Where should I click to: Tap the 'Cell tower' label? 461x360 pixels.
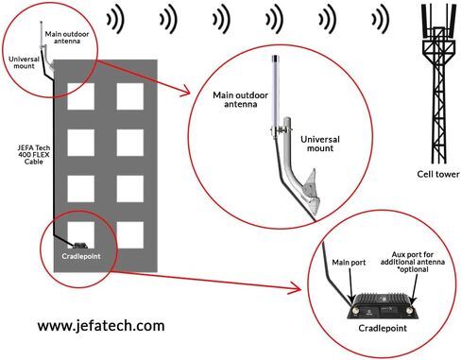click(x=438, y=174)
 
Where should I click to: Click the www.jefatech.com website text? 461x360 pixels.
click(x=101, y=326)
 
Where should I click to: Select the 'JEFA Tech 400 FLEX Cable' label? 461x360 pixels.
click(x=34, y=155)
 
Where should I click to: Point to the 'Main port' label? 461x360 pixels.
click(x=349, y=263)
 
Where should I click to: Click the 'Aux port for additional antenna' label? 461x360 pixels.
click(x=413, y=258)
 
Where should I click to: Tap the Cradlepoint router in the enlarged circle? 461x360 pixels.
click(x=383, y=305)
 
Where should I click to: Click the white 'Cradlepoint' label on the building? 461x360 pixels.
click(x=81, y=256)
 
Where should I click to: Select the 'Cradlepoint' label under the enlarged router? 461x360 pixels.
click(x=383, y=328)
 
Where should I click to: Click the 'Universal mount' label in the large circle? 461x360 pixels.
click(x=320, y=144)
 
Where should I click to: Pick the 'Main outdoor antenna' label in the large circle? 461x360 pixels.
click(x=241, y=99)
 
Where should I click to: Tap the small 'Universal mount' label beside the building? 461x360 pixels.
click(x=24, y=62)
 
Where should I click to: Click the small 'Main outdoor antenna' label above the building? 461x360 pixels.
click(x=67, y=38)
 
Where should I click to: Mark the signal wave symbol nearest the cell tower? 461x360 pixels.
click(x=380, y=19)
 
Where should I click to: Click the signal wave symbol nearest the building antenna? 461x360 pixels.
click(x=115, y=19)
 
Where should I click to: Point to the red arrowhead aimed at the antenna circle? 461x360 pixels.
click(x=185, y=92)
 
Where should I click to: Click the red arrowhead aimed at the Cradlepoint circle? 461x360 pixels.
click(x=296, y=288)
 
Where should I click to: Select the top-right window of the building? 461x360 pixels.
click(x=130, y=96)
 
